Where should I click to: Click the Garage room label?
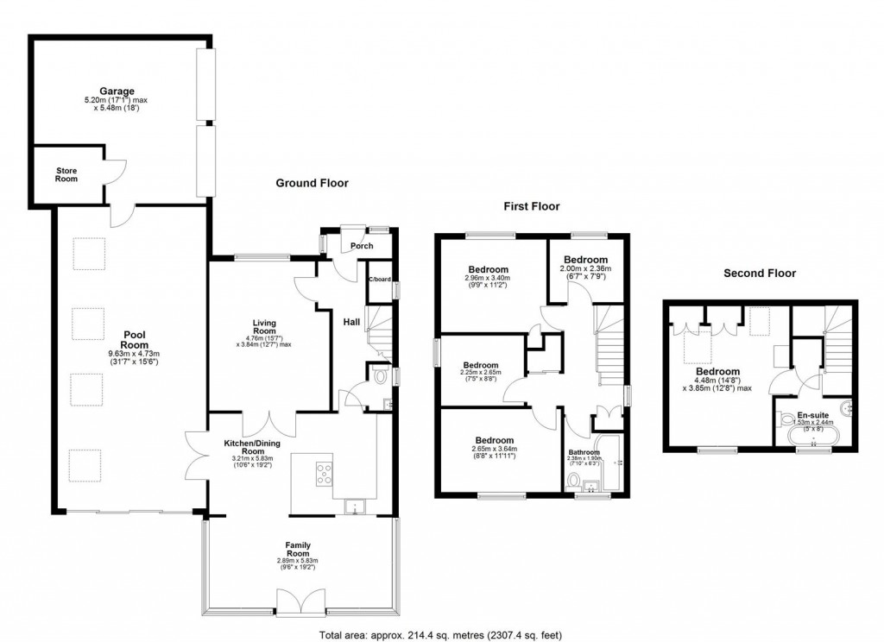116,91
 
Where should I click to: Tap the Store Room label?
66,174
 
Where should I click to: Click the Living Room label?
264,325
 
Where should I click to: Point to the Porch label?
362,246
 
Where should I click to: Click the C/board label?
379,280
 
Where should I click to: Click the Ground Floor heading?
312,183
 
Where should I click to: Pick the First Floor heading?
532,206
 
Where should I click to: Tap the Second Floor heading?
760,274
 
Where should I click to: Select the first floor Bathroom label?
584,451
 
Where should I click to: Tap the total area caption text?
441,634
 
